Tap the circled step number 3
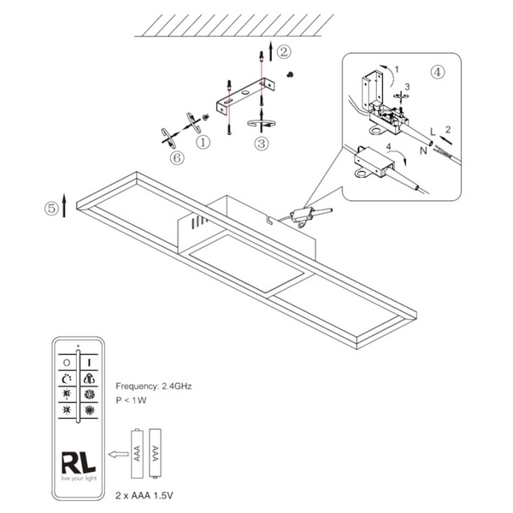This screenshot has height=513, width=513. [x=262, y=144]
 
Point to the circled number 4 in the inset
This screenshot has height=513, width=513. [x=438, y=73]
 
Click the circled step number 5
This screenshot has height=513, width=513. [x=53, y=207]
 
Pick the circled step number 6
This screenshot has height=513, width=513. [x=177, y=157]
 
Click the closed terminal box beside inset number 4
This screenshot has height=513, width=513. [x=369, y=160]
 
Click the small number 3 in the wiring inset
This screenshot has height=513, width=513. [x=407, y=87]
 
